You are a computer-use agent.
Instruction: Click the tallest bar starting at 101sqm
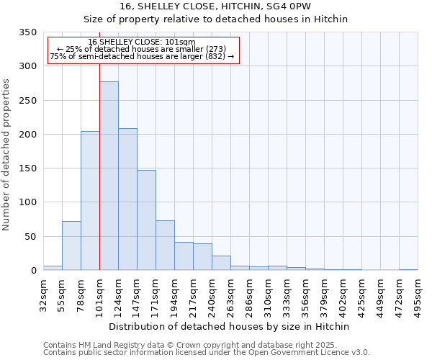pos(109,176)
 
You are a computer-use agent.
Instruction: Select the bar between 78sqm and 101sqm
pos(90,201)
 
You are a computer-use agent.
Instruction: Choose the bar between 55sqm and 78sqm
pos(71,246)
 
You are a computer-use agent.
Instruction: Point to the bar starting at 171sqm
pos(165,246)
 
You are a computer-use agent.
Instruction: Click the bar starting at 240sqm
pos(221,263)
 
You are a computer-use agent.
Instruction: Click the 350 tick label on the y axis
pos(27,32)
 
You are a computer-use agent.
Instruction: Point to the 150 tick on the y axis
pos(27,168)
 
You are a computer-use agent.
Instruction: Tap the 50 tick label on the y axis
pos(30,236)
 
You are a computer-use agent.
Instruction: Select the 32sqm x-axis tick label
pos(43,295)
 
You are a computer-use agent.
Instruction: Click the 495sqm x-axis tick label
pos(418,295)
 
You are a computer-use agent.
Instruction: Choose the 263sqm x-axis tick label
pos(230,295)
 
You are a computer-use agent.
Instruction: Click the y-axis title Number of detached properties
pos(6,155)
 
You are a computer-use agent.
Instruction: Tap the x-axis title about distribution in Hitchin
pos(230,326)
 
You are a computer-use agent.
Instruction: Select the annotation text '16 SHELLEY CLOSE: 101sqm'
pos(142,42)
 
